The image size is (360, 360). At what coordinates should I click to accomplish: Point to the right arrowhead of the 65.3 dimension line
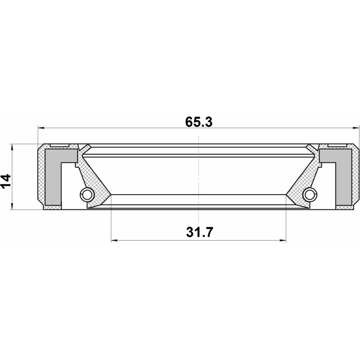click(354, 128)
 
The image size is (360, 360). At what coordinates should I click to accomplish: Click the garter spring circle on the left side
click(87, 195)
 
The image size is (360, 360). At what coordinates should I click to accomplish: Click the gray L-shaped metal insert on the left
click(52, 174)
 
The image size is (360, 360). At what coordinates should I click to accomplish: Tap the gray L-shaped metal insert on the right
click(342, 174)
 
